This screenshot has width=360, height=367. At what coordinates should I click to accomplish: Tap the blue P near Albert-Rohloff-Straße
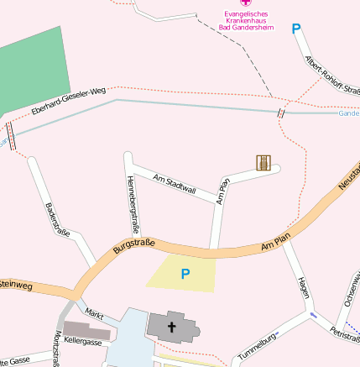(295, 29)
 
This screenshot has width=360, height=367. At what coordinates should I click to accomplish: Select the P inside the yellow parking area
(185, 273)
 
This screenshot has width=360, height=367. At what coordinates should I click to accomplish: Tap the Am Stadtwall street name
(175, 184)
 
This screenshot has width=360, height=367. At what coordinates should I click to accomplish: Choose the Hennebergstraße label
(132, 204)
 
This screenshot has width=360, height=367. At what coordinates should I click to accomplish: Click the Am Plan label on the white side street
(222, 191)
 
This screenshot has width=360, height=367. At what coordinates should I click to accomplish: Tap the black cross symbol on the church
(172, 327)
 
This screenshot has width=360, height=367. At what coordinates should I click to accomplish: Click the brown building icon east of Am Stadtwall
(263, 162)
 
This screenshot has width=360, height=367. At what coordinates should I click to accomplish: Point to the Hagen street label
(304, 288)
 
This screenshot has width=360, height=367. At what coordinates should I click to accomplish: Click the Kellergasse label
(83, 342)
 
